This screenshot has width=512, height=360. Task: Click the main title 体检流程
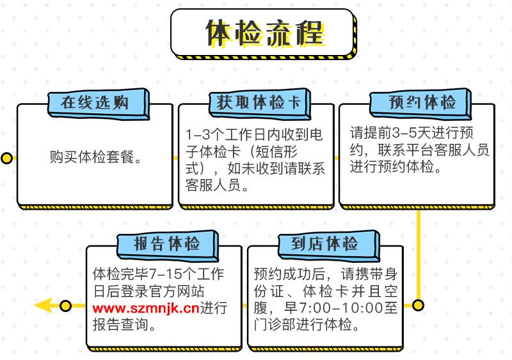(264, 33)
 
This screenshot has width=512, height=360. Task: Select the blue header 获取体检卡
(260, 103)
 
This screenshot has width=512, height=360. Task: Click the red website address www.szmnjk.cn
(146, 308)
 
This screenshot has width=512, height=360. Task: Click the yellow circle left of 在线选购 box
(6, 158)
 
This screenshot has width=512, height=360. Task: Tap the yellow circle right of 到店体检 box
(419, 306)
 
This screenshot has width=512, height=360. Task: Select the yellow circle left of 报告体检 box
(66, 306)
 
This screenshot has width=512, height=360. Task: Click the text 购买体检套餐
(92, 157)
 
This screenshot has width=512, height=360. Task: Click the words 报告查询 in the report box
(120, 325)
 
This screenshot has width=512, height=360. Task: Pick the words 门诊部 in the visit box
(275, 325)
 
